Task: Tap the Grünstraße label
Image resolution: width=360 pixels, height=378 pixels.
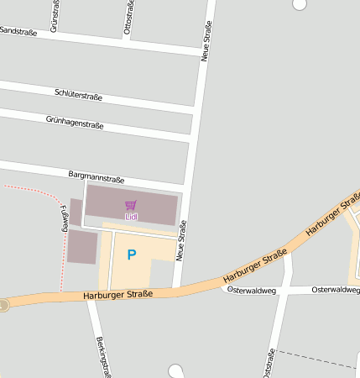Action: pos(55,14)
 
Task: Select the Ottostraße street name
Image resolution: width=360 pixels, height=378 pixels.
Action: pos(128,17)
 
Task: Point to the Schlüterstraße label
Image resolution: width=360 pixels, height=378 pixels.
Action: pos(78,96)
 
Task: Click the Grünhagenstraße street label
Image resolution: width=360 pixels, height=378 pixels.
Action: pos(75,123)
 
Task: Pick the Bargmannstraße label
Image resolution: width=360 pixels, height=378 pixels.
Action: pos(96,177)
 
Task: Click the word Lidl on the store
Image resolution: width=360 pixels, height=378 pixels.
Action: pos(131,217)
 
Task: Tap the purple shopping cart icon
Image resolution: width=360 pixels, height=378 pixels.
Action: pos(130,205)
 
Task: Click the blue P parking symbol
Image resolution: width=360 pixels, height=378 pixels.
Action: pos(131,255)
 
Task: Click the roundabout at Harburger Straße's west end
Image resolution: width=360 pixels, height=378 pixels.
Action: pos(3,305)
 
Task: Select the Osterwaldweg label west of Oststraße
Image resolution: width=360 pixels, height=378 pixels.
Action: pos(252,290)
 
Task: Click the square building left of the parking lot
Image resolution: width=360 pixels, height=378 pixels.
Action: pos(82,247)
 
